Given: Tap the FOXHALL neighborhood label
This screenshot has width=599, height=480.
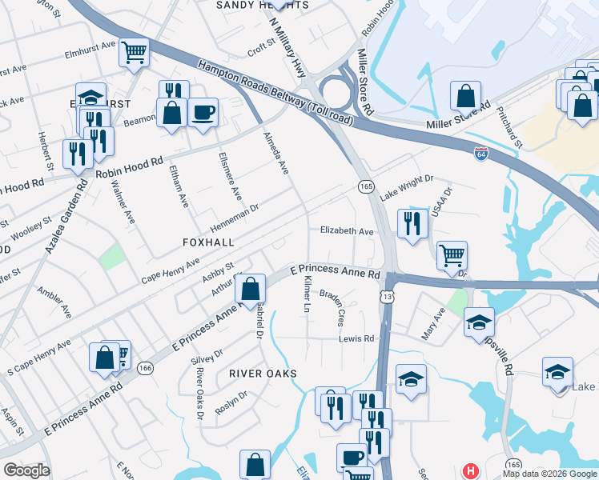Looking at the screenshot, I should click(208, 242).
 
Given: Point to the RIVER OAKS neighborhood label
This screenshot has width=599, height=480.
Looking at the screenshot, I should click(263, 374).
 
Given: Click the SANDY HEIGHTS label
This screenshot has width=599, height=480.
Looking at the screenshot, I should click(263, 5).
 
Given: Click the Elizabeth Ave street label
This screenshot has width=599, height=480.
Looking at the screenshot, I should click(347, 231).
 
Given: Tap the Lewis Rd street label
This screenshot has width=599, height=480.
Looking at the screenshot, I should click(356, 338).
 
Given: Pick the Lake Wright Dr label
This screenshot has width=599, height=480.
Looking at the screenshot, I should click(406, 189).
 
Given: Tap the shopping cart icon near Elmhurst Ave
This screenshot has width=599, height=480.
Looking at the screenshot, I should click(134, 53).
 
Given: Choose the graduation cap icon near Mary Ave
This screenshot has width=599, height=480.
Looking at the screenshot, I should click(479, 322).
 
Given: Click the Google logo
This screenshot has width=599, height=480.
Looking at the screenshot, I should click(26, 470).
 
